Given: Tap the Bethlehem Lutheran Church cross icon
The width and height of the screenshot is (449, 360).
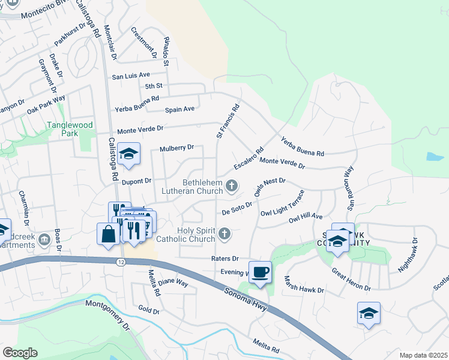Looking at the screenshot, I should pos(231,186).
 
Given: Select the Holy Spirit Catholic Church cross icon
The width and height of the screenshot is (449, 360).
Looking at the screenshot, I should pos(224,233).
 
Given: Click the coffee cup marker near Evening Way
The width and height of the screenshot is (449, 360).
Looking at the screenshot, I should pos(259,272).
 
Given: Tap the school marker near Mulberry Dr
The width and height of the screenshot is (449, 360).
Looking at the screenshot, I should pos(128,155).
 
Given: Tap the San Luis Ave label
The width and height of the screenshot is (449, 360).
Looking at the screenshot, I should pos(131,76).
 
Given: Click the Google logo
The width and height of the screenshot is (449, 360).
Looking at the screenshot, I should pos(20,353).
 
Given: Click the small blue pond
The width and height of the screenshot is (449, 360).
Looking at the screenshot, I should pos(435,157).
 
